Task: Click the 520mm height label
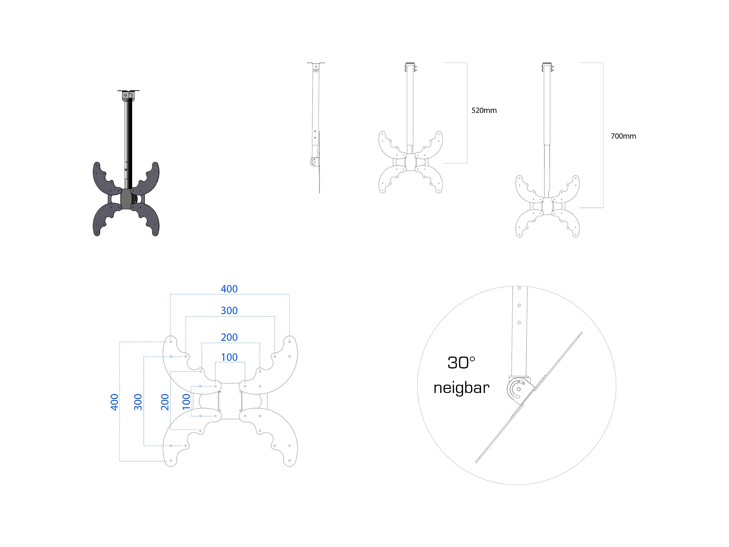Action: click(484, 111)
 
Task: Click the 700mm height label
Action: click(623, 136)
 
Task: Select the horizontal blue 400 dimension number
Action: click(229, 289)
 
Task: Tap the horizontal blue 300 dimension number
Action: click(229, 310)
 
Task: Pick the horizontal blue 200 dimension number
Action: click(229, 337)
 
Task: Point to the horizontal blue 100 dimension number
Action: click(229, 357)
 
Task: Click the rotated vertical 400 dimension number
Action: click(114, 402)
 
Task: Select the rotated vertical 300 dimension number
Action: click(138, 402)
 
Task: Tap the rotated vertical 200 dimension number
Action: click(165, 402)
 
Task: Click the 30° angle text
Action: click(461, 363)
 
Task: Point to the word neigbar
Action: click(461, 388)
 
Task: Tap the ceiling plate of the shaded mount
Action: click(128, 91)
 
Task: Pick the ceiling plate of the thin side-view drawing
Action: click(316, 63)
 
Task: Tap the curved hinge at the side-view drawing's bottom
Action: click(314, 162)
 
